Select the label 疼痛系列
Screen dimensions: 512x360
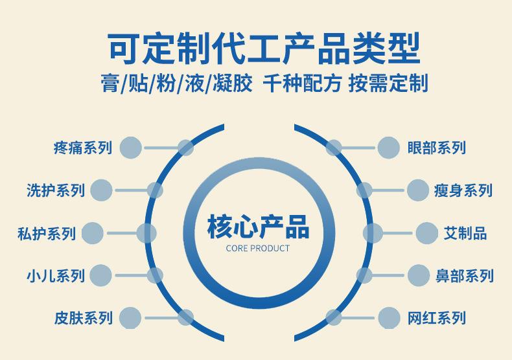tap(82, 148)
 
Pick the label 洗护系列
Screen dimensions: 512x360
tap(56, 190)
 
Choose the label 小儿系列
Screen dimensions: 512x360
tap(56, 276)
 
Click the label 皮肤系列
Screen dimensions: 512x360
tap(83, 318)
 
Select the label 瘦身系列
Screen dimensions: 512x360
tap(463, 190)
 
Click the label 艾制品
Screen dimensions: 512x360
tap(465, 233)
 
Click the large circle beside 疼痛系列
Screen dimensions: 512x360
tap(130, 148)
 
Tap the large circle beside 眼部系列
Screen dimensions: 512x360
tap(389, 148)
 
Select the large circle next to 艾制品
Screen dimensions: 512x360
tap(427, 233)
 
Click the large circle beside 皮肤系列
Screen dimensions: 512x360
tap(130, 318)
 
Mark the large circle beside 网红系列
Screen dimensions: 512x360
tap(389, 318)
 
